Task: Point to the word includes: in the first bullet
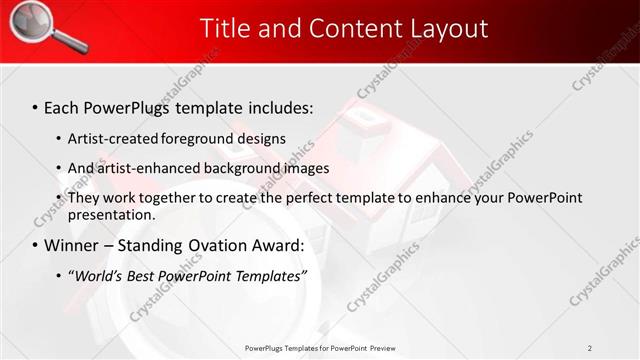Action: click(x=280, y=106)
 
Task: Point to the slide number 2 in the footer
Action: click(x=589, y=347)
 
